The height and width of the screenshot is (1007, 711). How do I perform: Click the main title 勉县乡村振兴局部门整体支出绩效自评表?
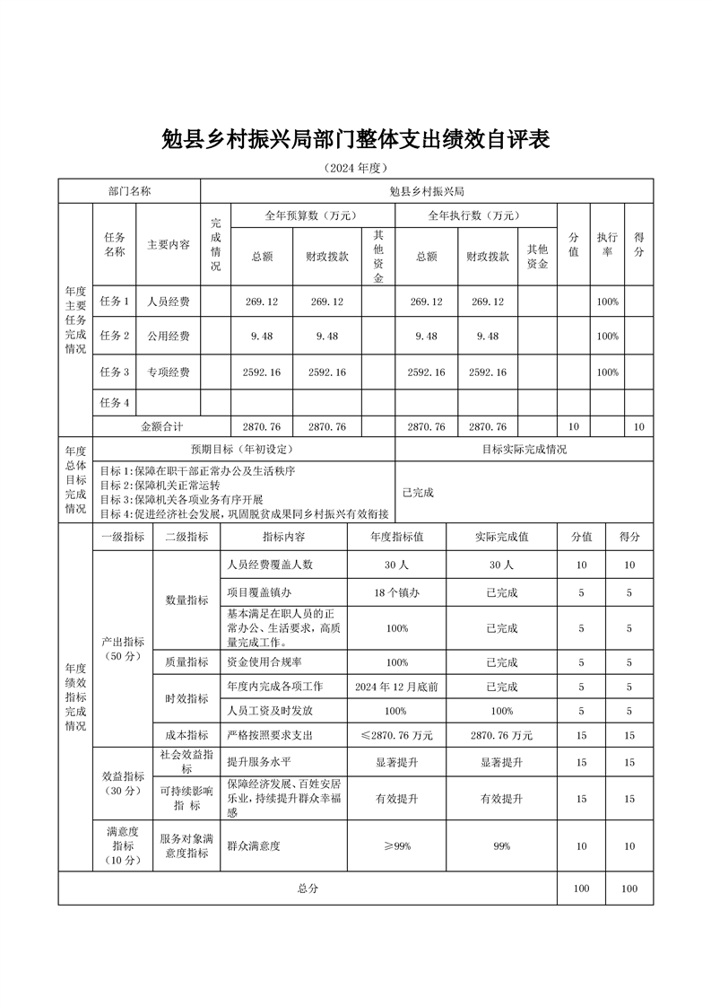coord(355,140)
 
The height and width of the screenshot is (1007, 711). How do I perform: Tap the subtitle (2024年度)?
coord(355,168)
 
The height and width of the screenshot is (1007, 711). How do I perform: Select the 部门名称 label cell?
coord(129,191)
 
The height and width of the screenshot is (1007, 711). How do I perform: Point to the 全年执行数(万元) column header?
coord(473,215)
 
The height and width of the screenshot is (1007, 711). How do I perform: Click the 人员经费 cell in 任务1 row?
coord(169,302)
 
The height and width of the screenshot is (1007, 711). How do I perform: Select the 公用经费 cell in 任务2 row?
coord(169,336)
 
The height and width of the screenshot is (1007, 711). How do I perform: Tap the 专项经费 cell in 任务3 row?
coord(169,372)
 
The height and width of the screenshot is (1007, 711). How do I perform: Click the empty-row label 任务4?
coord(115,402)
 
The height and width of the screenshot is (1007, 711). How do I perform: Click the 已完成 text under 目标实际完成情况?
coord(418,492)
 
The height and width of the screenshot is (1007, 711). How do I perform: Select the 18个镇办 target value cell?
coord(397,592)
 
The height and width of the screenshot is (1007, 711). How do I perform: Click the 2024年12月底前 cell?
coord(397,687)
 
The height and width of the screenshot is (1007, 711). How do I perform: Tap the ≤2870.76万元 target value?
coord(397,735)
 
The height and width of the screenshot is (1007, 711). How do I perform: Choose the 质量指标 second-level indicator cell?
coord(186,662)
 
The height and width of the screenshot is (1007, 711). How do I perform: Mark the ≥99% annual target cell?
coord(397,845)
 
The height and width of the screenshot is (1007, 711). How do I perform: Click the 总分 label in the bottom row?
coord(308,888)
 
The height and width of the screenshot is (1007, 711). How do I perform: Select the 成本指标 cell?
coord(186,735)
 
